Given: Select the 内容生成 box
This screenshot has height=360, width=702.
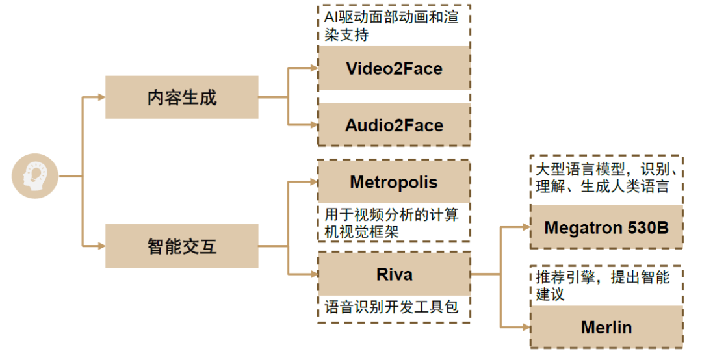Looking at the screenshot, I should (181, 97).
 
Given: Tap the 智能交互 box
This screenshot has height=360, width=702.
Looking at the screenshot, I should (181, 246).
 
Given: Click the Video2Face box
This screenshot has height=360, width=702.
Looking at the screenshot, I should (394, 68).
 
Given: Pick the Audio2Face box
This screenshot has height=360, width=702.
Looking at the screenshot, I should (394, 125).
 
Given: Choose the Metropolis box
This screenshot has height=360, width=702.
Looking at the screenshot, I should (394, 182).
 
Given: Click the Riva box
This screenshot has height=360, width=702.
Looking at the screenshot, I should (394, 274).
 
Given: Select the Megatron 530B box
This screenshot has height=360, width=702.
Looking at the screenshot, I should (606, 227).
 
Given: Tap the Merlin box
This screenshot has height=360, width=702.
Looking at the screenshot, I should (606, 327).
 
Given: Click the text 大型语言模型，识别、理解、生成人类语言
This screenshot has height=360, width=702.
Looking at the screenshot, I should (606, 177).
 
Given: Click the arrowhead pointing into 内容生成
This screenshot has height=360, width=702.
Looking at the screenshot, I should (101, 97).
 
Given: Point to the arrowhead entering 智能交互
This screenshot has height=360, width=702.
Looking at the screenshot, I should (101, 246).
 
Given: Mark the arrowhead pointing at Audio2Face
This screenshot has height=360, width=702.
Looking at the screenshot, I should (314, 125).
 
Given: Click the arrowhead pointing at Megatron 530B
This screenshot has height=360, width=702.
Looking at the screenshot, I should (526, 227).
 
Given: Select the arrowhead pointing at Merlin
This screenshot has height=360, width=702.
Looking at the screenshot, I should (526, 327).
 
